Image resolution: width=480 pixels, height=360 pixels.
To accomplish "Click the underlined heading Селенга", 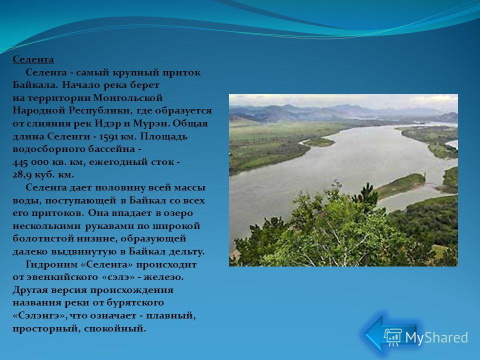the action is [33, 59].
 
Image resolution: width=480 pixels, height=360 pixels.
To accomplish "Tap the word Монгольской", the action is [127, 98].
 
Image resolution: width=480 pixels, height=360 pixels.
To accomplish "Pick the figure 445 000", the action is [31, 162].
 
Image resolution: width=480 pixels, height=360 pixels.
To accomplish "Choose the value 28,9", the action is [22, 175].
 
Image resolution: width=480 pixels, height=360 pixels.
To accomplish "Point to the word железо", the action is [163, 277].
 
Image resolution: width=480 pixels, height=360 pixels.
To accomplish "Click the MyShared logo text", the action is [436, 338].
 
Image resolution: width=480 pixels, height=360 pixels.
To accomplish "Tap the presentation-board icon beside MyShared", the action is [393, 337].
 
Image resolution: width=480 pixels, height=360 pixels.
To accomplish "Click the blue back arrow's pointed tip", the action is [364, 334].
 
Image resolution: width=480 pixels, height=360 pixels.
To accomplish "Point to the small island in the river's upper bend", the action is [319, 142].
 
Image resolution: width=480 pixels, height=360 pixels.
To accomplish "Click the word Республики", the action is [100, 111].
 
